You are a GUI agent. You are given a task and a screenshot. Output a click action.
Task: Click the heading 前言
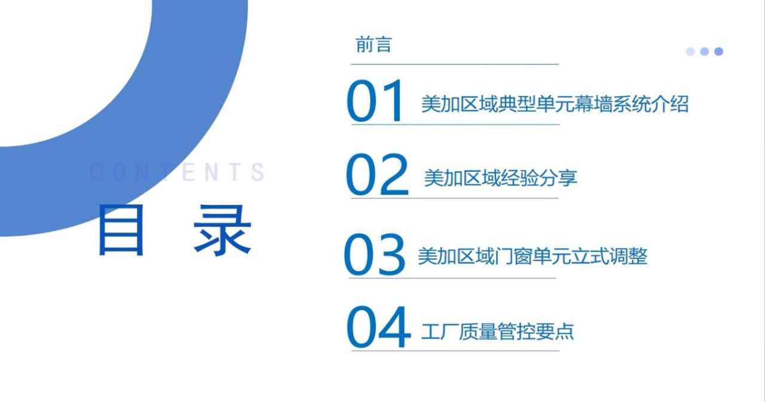(374, 45)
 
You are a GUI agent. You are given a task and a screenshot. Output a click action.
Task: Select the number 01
(375, 101)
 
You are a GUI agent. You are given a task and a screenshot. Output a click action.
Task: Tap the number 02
(377, 174)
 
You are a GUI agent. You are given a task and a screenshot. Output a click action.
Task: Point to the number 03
(375, 254)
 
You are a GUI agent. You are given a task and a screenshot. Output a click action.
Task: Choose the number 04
(378, 327)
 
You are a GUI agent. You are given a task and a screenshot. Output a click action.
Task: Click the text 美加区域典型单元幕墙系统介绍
(555, 104)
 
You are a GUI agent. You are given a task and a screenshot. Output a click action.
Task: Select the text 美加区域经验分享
(501, 178)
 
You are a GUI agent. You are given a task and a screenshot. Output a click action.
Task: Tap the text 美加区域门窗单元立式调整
(533, 256)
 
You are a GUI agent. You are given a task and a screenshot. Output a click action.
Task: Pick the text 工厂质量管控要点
(498, 332)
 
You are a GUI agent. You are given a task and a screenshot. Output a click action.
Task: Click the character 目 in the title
(121, 229)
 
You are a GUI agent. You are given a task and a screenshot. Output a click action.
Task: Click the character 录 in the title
(222, 230)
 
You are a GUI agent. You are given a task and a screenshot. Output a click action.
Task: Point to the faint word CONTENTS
(177, 172)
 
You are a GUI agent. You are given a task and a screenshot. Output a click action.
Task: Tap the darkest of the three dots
(718, 51)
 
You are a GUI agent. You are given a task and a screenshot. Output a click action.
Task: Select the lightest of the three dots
(690, 51)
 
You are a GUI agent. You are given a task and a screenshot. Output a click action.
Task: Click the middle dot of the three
(704, 51)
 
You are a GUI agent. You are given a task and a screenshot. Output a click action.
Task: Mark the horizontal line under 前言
(455, 64)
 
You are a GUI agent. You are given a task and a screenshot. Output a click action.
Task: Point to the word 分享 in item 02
(558, 178)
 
